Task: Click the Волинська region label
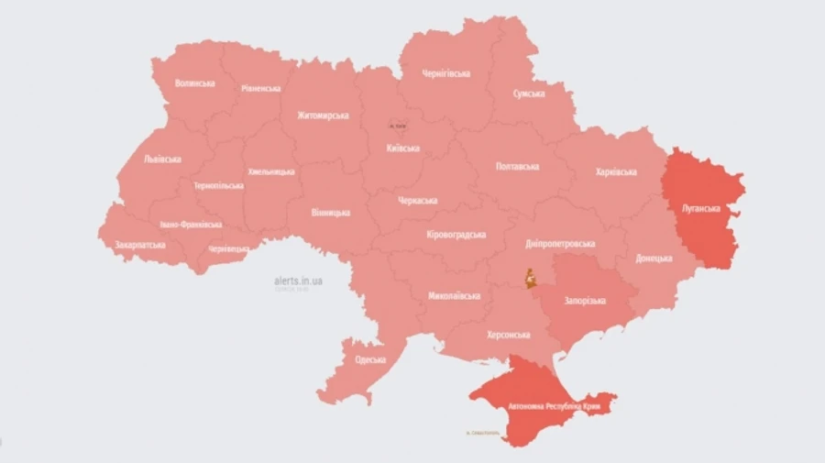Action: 194,83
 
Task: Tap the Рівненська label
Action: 261,89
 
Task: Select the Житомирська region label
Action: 323,116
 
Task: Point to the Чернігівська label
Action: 446,73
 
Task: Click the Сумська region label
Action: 529,94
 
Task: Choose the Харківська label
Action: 615,171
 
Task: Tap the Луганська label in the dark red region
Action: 701,208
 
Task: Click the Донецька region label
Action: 654,259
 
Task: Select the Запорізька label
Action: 584,300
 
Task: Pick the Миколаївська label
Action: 455,297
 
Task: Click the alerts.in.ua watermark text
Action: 298,281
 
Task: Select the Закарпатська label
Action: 140,246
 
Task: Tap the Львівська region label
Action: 162,159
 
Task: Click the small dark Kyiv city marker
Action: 397,123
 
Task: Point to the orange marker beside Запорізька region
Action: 530,277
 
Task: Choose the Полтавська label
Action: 517,167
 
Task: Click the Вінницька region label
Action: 330,213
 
